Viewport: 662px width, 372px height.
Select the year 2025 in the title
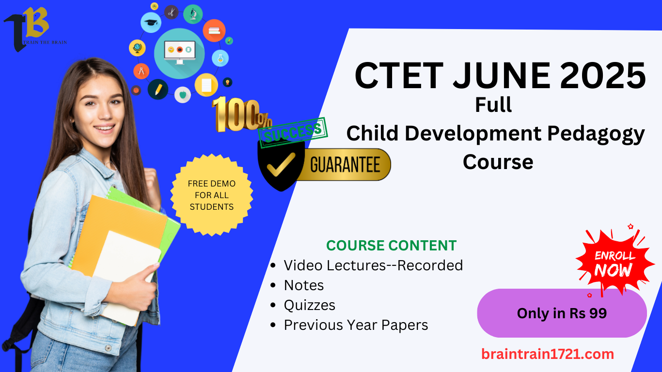click(x=603, y=75)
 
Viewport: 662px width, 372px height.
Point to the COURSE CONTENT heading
click(x=391, y=246)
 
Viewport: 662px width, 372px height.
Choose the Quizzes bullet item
click(x=309, y=306)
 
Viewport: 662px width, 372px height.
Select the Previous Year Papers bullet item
click(x=356, y=325)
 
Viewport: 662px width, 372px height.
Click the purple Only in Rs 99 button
click(x=562, y=313)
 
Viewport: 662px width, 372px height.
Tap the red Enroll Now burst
click(x=614, y=262)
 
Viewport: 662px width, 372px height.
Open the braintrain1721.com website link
click(x=548, y=354)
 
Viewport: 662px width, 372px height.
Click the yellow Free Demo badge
click(x=212, y=195)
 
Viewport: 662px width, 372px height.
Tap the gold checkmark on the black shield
click(x=281, y=164)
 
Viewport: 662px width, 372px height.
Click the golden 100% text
click(x=241, y=115)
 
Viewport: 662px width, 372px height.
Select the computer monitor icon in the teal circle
click(x=179, y=52)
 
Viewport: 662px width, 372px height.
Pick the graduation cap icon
click(x=151, y=22)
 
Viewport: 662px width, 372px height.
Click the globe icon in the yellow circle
click(x=137, y=48)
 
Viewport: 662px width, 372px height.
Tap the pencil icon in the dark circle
click(x=158, y=89)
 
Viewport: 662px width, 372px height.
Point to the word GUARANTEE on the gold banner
click(x=345, y=165)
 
